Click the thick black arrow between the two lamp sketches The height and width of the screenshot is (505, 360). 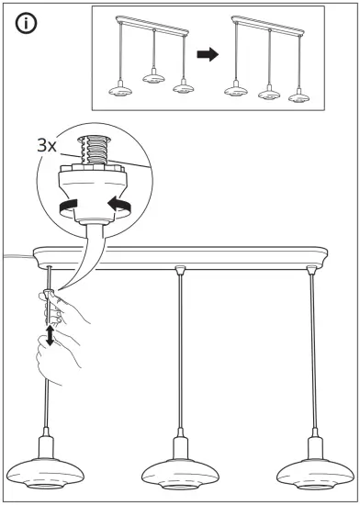(209, 55)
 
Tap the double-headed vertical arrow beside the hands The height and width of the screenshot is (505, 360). (49, 333)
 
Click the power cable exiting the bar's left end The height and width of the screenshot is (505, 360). (14, 258)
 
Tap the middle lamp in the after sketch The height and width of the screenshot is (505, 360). (270, 93)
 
